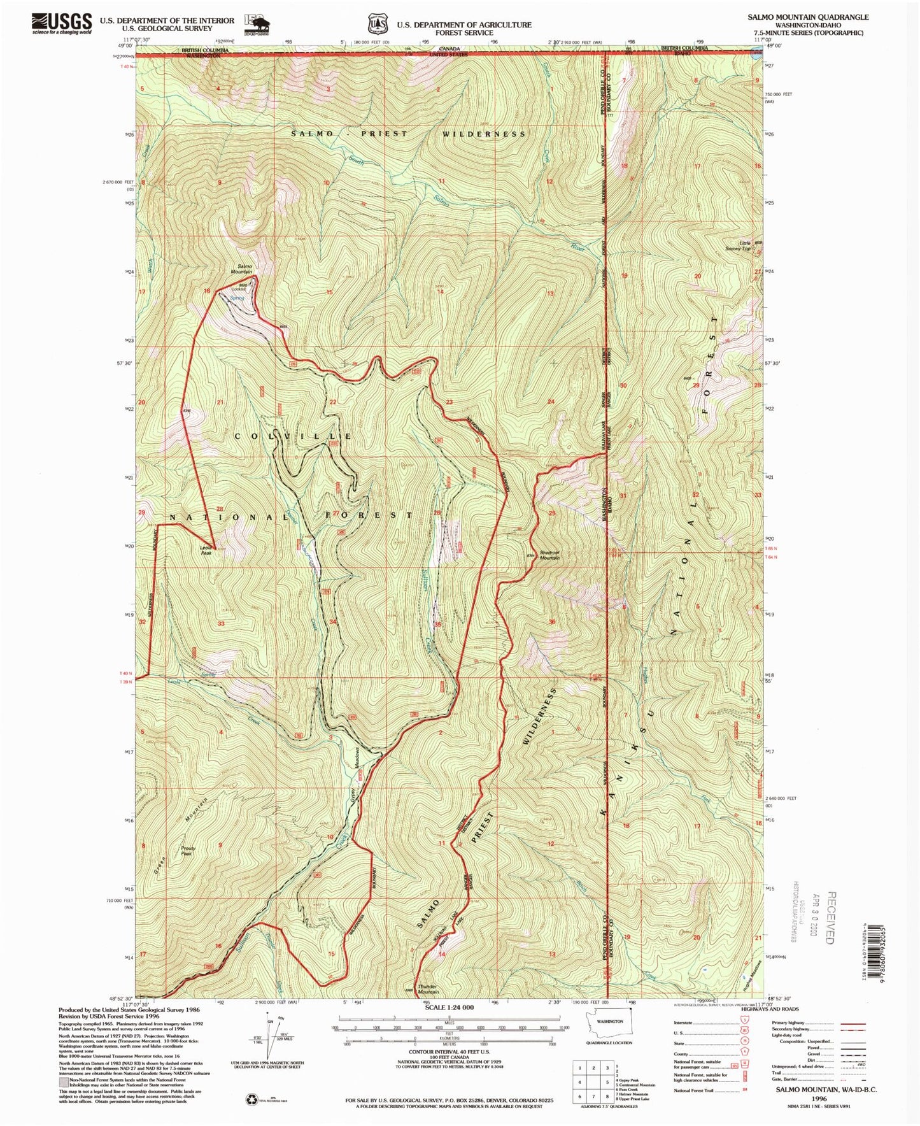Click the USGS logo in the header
click(x=62, y=24)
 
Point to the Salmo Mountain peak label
click(x=244, y=269)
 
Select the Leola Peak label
click(x=206, y=550)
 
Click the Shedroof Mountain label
click(x=549, y=555)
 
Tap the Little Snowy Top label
click(x=738, y=246)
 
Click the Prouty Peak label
click(x=188, y=851)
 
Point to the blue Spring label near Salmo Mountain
click(x=237, y=298)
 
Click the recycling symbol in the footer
click(x=251, y=1098)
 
